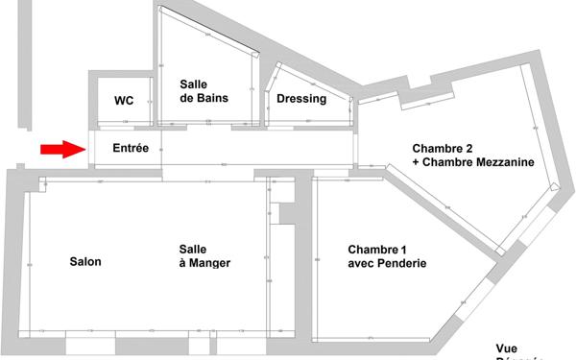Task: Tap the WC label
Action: (x=123, y=101)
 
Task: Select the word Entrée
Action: (x=131, y=149)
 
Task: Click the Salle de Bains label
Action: (x=201, y=91)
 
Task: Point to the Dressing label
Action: (x=301, y=99)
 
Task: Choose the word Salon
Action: (x=85, y=261)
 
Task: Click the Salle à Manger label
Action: (x=204, y=255)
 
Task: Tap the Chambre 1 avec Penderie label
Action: (x=387, y=256)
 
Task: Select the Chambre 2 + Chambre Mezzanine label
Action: (x=473, y=156)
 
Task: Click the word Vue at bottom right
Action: (x=507, y=348)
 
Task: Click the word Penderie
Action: (x=401, y=264)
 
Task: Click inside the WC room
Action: (x=122, y=113)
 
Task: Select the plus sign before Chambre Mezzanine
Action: (x=417, y=164)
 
